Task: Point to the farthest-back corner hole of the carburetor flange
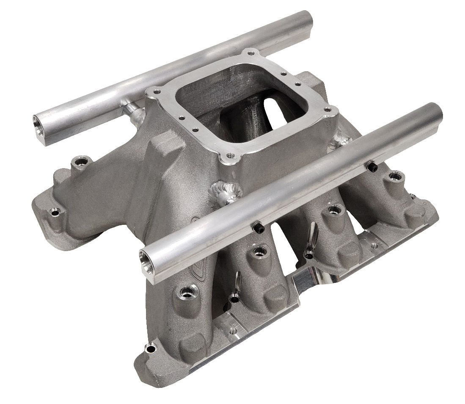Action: click(252, 53)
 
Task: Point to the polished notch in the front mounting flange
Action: click(309, 282)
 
